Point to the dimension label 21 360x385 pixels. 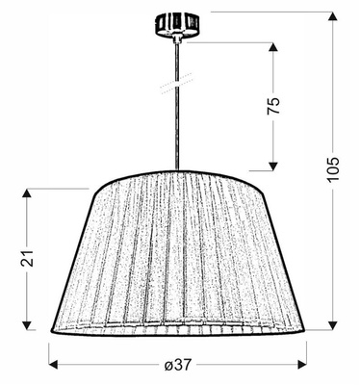(29, 257)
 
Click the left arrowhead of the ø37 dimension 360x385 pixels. (54, 364)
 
